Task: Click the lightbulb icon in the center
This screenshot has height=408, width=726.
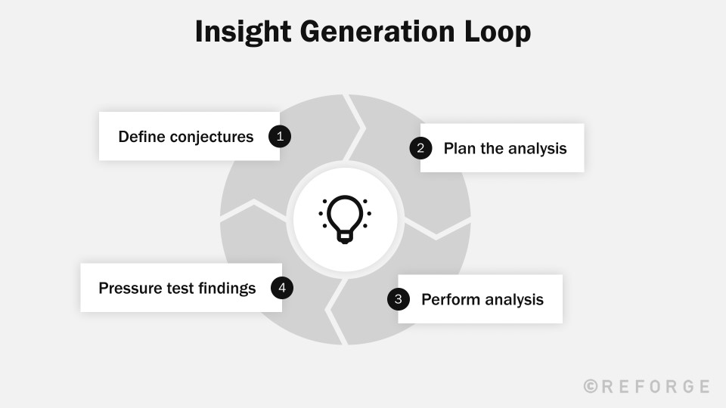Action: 345,219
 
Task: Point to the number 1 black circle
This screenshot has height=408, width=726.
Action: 280,136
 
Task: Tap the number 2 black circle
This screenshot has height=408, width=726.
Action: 420,148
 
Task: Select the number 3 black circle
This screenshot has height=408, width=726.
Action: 399,299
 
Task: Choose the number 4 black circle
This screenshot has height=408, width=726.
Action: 282,287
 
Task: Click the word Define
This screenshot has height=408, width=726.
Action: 141,137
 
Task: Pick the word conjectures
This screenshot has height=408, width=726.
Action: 212,137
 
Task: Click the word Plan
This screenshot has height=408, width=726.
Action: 460,148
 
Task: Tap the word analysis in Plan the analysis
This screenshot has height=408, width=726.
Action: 537,148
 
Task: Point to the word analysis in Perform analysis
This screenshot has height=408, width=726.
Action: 514,299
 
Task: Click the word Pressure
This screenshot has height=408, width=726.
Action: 129,288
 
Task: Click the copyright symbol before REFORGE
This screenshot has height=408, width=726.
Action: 591,386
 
